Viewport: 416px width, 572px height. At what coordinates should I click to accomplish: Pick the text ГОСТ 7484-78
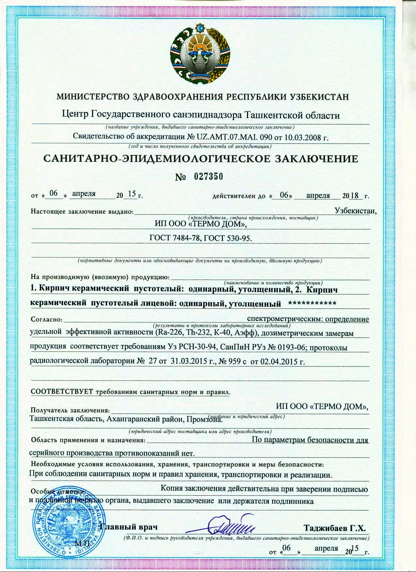coord(173,239)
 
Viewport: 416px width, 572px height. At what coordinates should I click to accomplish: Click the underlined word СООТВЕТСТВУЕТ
coord(62,392)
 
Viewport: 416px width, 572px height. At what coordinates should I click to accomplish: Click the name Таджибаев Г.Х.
coord(334,528)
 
